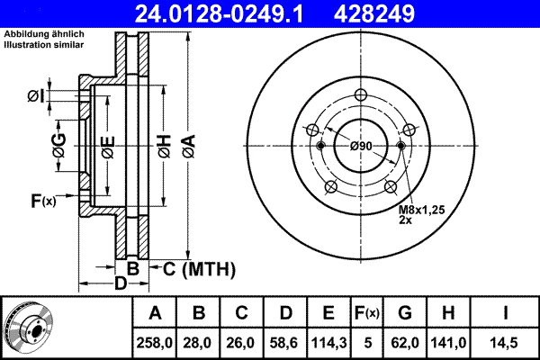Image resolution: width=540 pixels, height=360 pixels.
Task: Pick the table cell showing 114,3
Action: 328,342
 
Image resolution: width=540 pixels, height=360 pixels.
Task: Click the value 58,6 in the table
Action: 285,342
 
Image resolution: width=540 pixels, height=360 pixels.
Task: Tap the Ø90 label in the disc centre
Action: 361,146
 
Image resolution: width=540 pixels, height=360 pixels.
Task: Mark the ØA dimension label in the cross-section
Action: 187,145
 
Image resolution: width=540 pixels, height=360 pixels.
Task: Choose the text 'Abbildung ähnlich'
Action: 44,34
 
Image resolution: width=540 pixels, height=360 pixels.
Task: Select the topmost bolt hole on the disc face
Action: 361,97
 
